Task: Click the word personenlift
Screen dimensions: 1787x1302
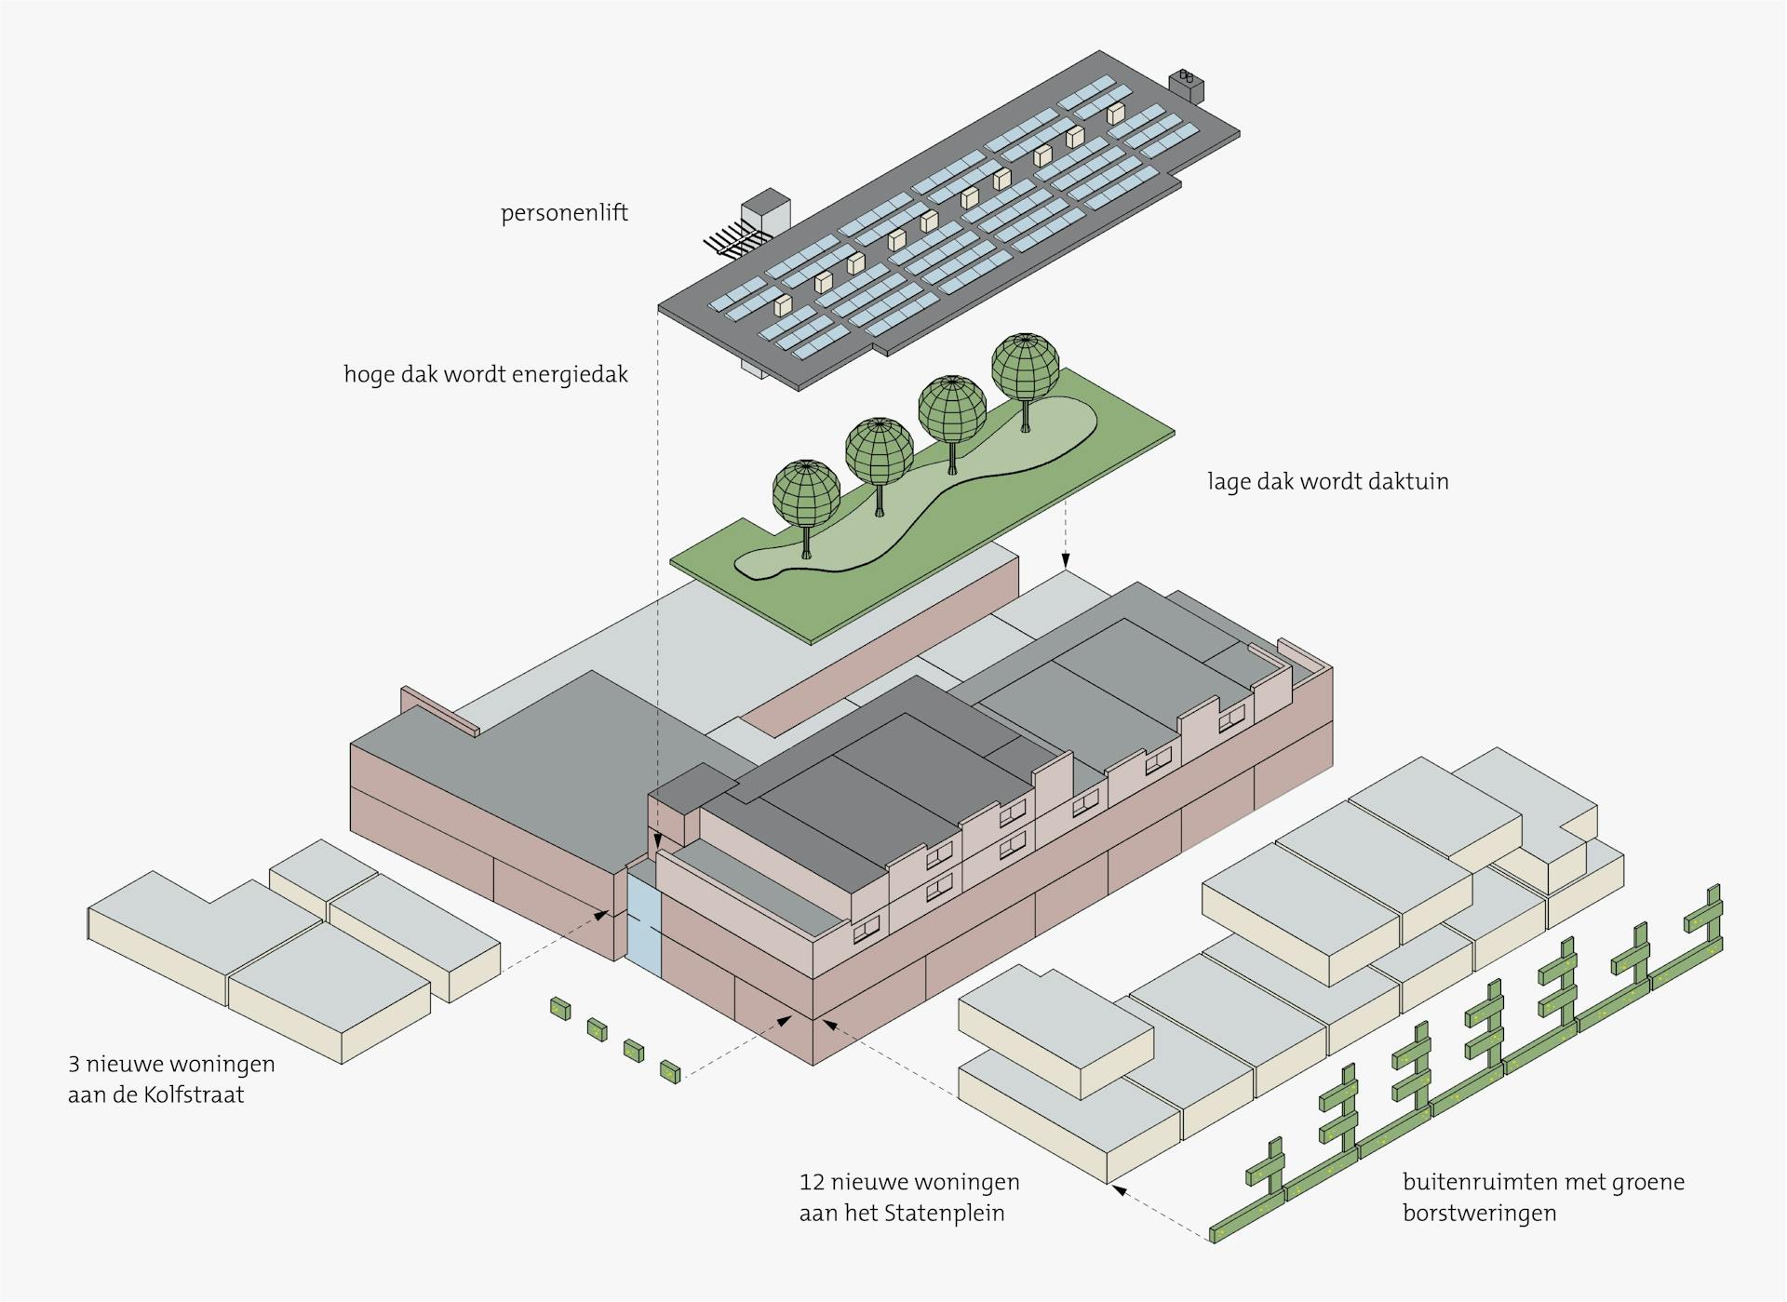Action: (564, 214)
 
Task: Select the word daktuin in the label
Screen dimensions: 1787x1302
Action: (1409, 481)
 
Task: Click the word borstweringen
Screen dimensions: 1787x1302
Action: (1480, 1214)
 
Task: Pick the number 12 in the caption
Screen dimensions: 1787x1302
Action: (812, 1183)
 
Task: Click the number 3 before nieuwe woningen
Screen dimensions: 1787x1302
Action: (74, 1064)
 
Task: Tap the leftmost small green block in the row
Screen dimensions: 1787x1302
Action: (559, 1008)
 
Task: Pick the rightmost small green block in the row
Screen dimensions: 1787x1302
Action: (670, 1071)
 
